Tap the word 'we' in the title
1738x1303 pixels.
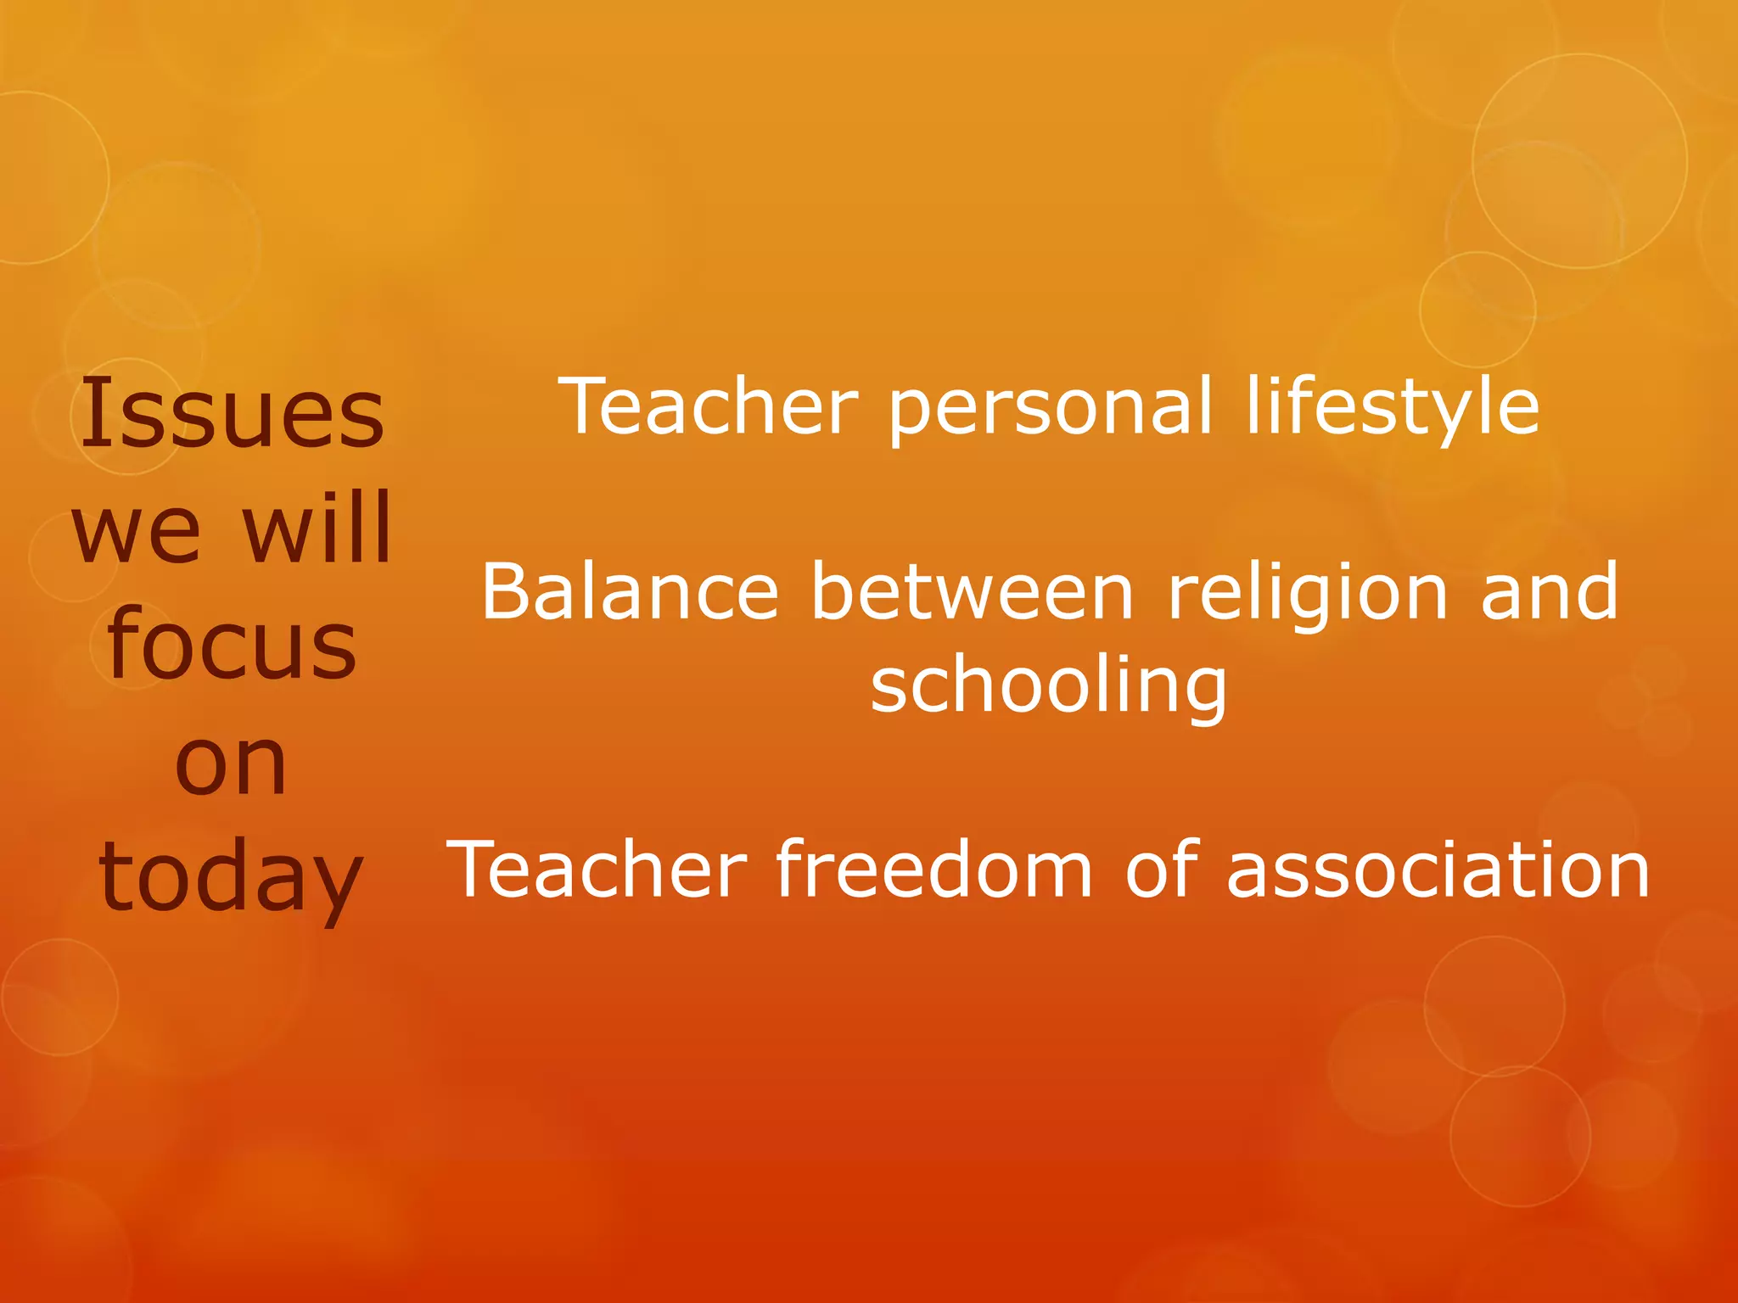[x=137, y=530]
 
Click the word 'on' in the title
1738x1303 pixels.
[x=231, y=763]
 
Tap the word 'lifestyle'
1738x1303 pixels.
[x=1393, y=407]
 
